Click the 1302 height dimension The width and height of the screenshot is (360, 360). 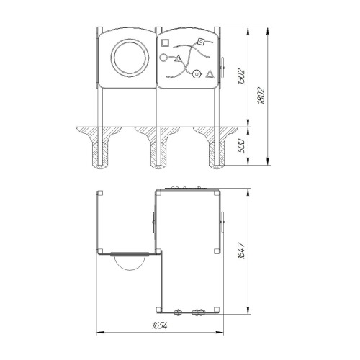(241, 76)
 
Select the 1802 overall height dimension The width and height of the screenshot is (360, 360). (261, 96)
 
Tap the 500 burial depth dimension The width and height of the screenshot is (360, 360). (241, 146)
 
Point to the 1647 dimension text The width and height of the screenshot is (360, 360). (241, 251)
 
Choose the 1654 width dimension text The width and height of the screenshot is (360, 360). (159, 325)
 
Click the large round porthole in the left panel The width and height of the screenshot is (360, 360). (130, 58)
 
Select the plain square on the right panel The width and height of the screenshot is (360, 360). (165, 42)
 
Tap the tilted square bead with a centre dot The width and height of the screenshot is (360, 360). (200, 42)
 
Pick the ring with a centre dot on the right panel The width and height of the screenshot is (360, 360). (197, 74)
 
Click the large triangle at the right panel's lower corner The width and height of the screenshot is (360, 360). (210, 74)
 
